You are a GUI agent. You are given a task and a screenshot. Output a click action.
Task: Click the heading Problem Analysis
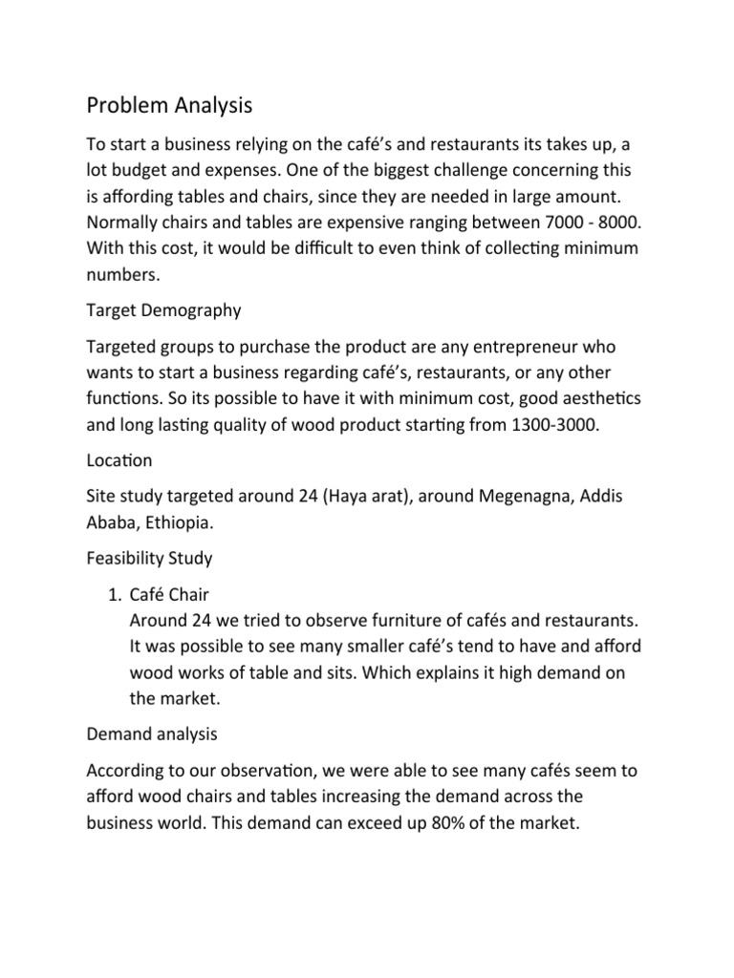(169, 104)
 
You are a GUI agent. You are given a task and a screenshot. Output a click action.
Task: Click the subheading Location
(119, 459)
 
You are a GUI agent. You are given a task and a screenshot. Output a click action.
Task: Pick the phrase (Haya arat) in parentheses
(310, 497)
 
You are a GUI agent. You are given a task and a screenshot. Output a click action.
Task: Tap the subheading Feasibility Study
(150, 557)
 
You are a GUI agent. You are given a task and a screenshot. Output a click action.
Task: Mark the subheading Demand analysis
(152, 734)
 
